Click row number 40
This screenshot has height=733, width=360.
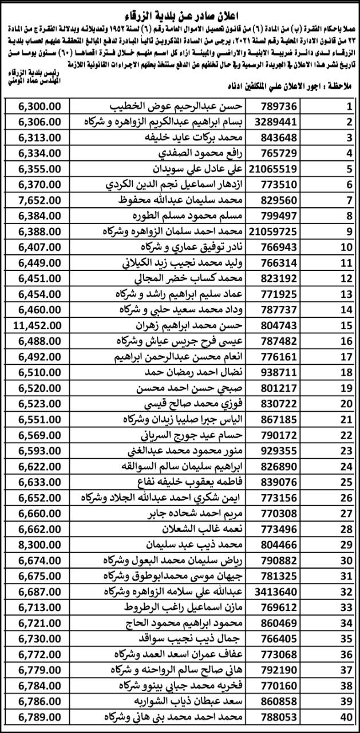tap(346, 716)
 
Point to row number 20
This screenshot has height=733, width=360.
tap(346, 403)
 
